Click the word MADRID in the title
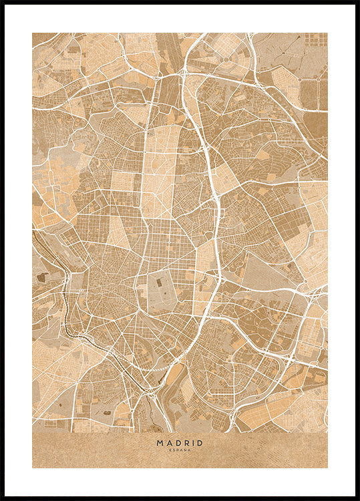180,442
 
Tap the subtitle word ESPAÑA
180,450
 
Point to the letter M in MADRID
160,442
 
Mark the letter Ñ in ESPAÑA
185,450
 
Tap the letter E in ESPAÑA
171,450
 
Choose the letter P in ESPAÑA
178,450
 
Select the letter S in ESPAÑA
174,450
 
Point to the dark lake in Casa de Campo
42,277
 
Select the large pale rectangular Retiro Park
162,291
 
